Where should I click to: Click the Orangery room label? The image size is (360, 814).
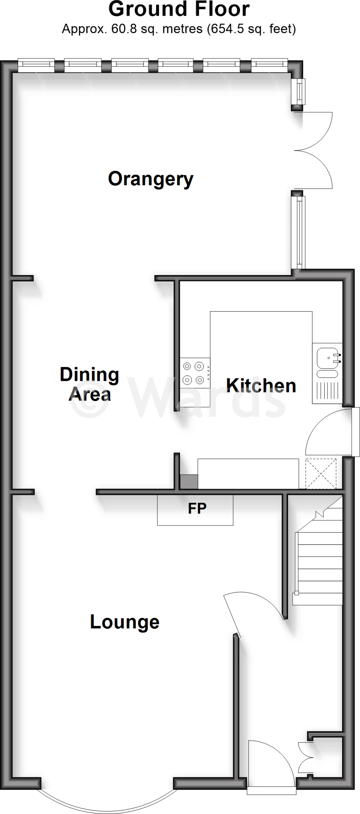[151, 179]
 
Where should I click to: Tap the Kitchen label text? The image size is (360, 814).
[261, 386]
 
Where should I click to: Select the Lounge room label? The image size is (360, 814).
[124, 622]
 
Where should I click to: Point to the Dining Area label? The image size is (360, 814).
[89, 384]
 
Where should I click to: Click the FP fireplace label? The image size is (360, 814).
[197, 508]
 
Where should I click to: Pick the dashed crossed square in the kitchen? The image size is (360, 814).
[321, 473]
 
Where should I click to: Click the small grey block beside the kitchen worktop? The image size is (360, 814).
[189, 482]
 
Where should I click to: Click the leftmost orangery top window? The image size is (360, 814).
[36, 65]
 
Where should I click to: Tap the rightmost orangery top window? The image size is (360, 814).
[269, 65]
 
